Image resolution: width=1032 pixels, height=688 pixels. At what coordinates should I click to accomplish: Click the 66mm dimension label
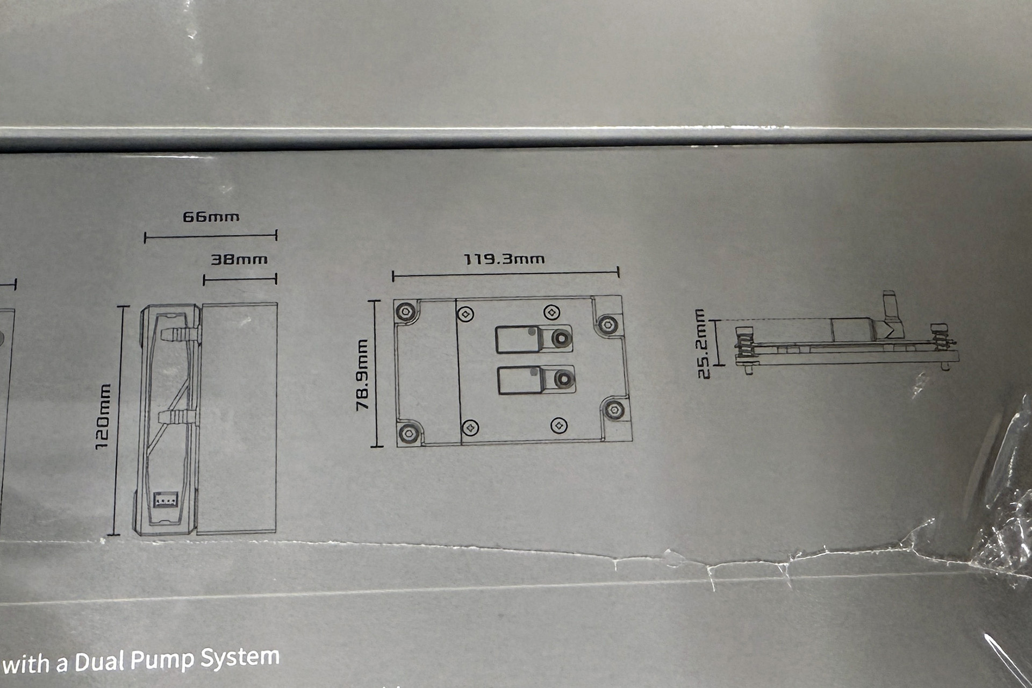pyautogui.click(x=211, y=217)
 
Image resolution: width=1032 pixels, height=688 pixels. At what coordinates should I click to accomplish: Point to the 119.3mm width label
pyautogui.click(x=504, y=259)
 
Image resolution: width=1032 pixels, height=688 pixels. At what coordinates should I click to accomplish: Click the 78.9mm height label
pyautogui.click(x=363, y=375)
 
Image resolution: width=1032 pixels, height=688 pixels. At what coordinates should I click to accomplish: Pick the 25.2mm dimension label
pyautogui.click(x=703, y=343)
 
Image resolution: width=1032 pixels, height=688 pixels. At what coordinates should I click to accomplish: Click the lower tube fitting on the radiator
pyautogui.click(x=178, y=418)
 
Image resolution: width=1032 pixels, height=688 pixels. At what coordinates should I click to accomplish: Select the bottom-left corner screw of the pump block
pyautogui.click(x=408, y=433)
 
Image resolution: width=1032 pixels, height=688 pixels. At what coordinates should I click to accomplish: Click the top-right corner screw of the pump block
pyautogui.click(x=607, y=324)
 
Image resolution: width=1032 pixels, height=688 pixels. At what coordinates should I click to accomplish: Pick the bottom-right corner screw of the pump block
pyautogui.click(x=614, y=409)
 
